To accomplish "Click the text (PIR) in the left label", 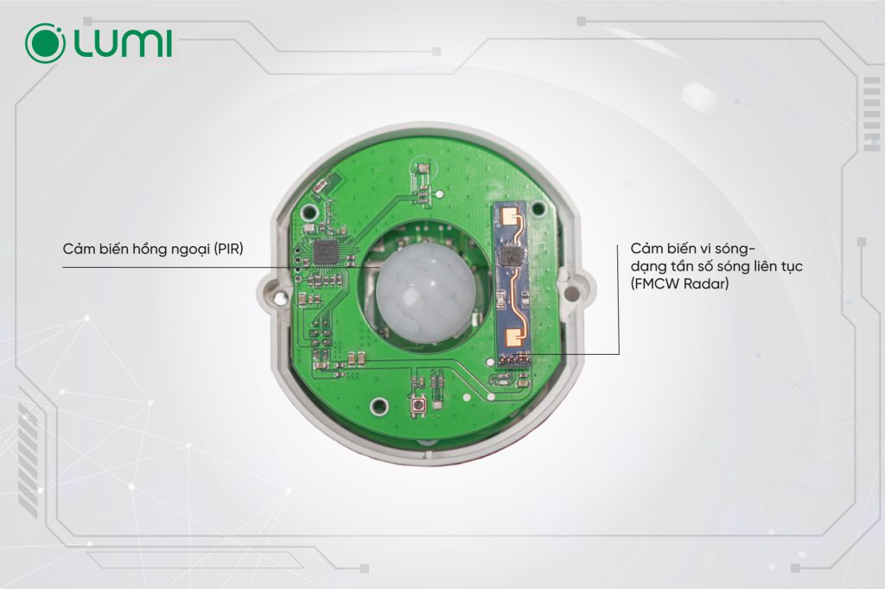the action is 228,249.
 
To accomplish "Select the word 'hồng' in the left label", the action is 150,250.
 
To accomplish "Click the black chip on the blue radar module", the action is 512,256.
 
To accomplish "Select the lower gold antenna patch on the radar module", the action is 515,339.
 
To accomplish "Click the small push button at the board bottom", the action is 418,406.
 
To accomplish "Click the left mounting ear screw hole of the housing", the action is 277,294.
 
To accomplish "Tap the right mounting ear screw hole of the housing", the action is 571,292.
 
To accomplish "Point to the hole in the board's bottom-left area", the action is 379,404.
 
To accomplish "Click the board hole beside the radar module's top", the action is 538,209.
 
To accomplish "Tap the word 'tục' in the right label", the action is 793,266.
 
